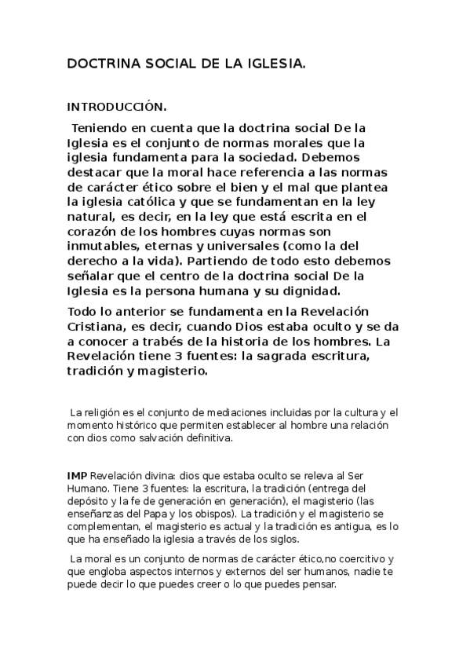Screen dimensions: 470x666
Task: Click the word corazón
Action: [95, 232]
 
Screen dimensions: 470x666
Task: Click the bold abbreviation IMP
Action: [77, 476]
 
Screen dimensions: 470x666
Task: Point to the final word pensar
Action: [318, 585]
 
